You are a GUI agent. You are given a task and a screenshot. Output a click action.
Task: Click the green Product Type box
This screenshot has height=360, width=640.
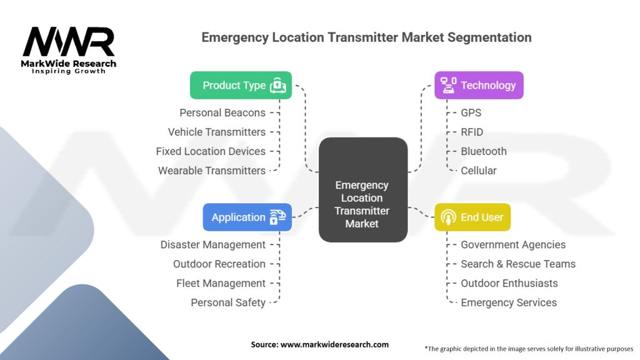pyautogui.click(x=241, y=86)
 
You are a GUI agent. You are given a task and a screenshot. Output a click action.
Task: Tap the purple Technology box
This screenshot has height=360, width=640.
pyautogui.click(x=479, y=86)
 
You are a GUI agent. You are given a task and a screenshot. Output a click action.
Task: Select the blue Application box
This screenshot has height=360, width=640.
pyautogui.click(x=247, y=217)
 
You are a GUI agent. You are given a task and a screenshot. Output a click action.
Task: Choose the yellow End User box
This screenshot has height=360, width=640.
pyautogui.click(x=472, y=217)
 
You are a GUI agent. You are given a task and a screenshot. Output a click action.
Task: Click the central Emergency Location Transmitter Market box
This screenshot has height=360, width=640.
pyautogui.click(x=362, y=190)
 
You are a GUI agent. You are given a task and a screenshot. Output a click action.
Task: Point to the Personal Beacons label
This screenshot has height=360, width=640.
pyautogui.click(x=222, y=113)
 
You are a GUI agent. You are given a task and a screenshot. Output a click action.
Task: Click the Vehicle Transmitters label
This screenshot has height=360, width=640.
pyautogui.click(x=216, y=132)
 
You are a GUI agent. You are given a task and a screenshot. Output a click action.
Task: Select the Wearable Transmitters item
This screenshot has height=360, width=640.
pyautogui.click(x=211, y=171)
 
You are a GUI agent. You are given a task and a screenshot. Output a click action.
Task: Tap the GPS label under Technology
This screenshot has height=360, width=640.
pyautogui.click(x=471, y=113)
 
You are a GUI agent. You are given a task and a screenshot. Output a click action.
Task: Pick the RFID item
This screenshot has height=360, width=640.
pyautogui.click(x=472, y=132)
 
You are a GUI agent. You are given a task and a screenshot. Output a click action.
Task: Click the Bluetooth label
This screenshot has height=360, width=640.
pyautogui.click(x=484, y=151)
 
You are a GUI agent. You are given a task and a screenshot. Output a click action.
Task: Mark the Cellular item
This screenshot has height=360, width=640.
pyautogui.click(x=479, y=171)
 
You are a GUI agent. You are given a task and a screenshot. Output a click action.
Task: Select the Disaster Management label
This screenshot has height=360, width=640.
pyautogui.click(x=212, y=245)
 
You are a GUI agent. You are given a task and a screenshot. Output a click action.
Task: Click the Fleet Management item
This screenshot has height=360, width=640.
pyautogui.click(x=221, y=283)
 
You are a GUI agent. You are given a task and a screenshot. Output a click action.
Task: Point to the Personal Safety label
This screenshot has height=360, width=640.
pyautogui.click(x=228, y=302)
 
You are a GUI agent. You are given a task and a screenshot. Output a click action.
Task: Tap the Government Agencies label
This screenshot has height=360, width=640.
pyautogui.click(x=513, y=245)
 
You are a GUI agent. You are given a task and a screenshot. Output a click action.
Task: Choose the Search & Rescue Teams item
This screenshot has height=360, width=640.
pyautogui.click(x=518, y=264)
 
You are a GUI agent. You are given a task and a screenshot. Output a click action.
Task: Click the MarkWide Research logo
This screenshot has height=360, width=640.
pyautogui.click(x=69, y=49)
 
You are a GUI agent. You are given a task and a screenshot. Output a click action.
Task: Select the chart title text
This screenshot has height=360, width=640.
pyautogui.click(x=366, y=37)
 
